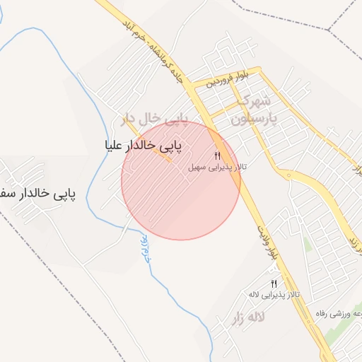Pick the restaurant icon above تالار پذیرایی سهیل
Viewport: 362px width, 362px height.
[218, 156]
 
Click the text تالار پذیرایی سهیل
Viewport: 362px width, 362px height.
[216, 168]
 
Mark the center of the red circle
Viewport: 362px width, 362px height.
[181, 180]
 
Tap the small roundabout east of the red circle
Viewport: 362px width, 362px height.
[287, 175]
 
